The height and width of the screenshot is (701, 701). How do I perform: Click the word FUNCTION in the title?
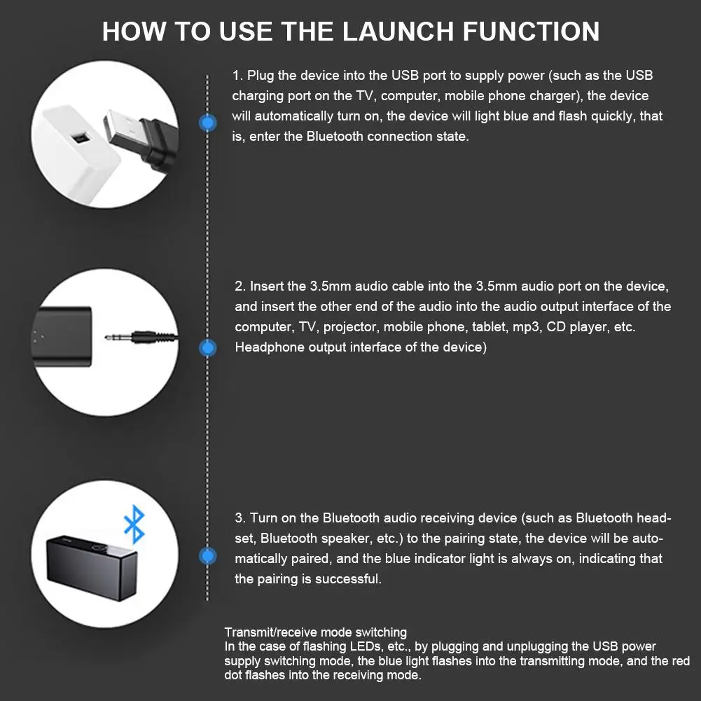[531, 32]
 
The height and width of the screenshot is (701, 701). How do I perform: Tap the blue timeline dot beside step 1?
[207, 123]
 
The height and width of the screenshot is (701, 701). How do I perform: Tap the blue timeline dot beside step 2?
[207, 347]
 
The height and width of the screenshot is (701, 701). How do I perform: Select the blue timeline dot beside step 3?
[207, 556]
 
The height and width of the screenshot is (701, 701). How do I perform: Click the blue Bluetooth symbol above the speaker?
[134, 525]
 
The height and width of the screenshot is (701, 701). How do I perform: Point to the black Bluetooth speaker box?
[91, 567]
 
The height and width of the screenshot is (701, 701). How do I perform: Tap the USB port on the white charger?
[81, 138]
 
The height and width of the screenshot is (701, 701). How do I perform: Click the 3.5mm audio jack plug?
[141, 338]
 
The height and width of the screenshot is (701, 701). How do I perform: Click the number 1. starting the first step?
[237, 76]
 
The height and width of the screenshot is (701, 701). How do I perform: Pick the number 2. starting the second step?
[240, 286]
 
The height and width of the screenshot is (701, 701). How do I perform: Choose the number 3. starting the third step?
[240, 518]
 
